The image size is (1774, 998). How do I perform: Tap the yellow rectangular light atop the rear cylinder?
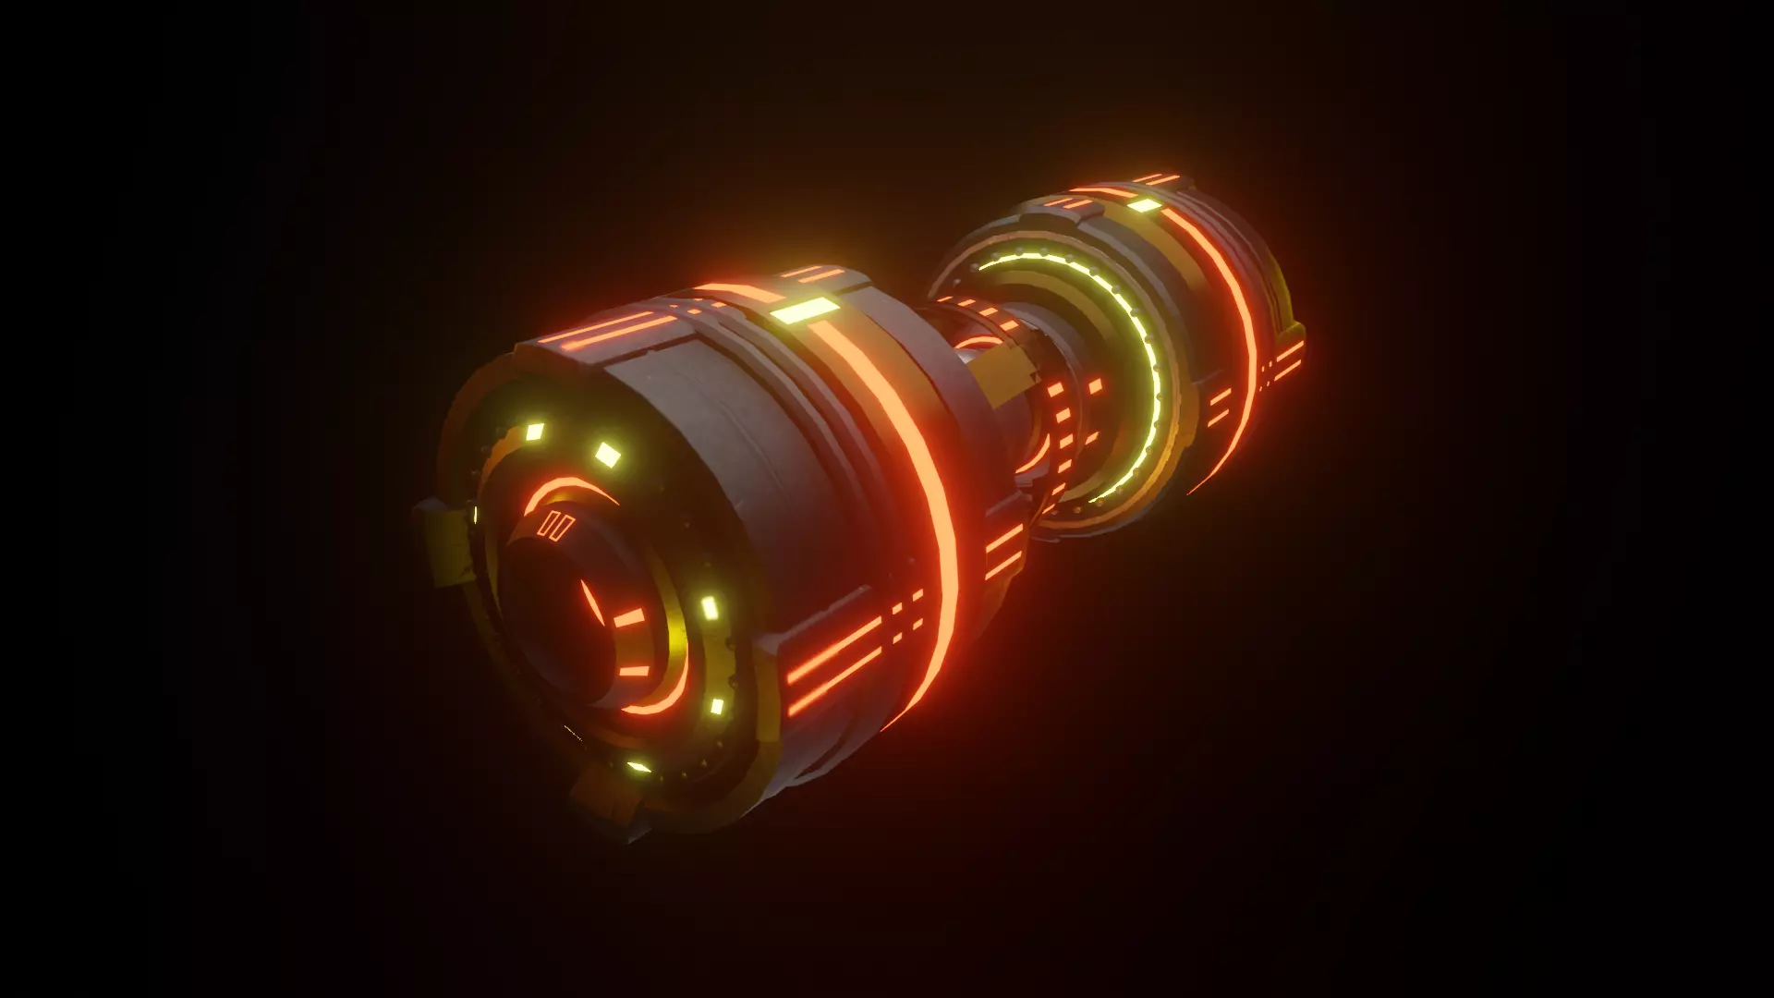[x=1144, y=205]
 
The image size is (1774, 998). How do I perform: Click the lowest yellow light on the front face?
[x=638, y=766]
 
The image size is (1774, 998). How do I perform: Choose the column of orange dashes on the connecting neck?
[x=1072, y=416]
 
